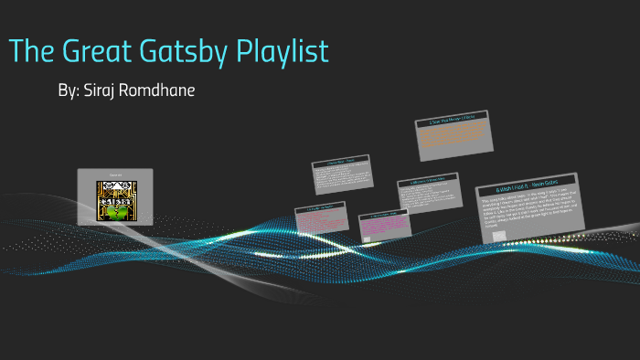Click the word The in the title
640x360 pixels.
pyautogui.click(x=32, y=52)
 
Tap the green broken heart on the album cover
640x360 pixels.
pyautogui.click(x=115, y=213)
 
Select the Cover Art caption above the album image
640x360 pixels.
pyautogui.click(x=114, y=175)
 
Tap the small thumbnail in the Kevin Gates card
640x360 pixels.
pyautogui.click(x=499, y=236)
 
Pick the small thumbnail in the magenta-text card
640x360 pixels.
pyautogui.click(x=366, y=240)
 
